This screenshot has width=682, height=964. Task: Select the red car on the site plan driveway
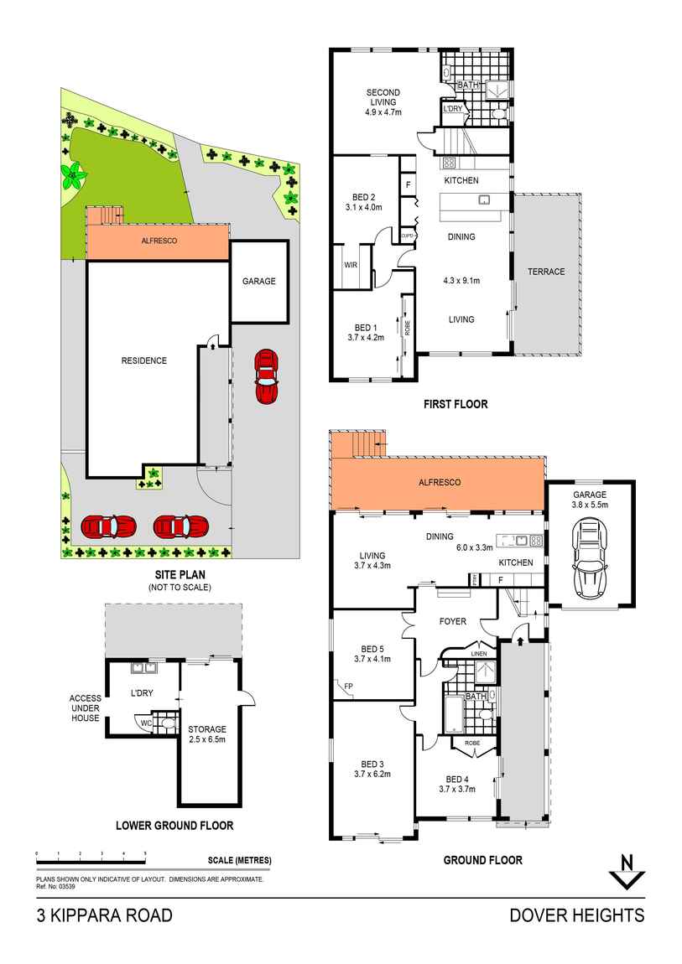[x=266, y=376]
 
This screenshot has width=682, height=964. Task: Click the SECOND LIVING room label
[x=383, y=101]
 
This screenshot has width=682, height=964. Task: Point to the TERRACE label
[x=546, y=272]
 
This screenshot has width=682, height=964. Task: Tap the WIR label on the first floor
[x=351, y=265]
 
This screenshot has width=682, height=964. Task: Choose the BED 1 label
[x=365, y=333]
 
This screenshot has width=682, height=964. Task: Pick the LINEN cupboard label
[x=479, y=653]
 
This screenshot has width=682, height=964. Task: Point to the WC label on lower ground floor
[x=145, y=723]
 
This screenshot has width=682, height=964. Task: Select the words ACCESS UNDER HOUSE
[x=85, y=707]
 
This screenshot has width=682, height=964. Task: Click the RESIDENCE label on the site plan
[x=144, y=360]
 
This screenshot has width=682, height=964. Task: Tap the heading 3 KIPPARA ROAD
[x=105, y=915]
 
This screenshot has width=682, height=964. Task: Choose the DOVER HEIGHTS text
[x=577, y=915]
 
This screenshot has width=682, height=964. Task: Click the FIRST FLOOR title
[x=455, y=404]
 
